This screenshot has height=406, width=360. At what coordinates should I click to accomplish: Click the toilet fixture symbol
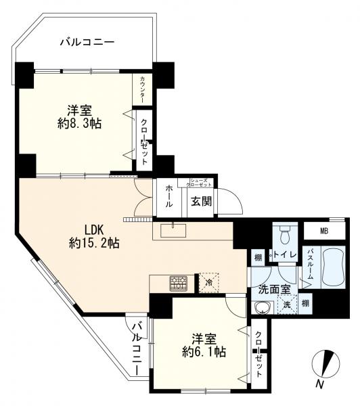click(284, 235)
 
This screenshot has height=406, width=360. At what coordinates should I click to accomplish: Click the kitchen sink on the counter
click(177, 227)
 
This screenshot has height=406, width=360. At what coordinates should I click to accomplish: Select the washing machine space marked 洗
click(287, 304)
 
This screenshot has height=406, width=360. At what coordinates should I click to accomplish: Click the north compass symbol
click(325, 366)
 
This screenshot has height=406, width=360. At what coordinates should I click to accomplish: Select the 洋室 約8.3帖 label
click(78, 117)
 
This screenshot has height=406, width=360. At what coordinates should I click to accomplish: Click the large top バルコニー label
click(87, 42)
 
